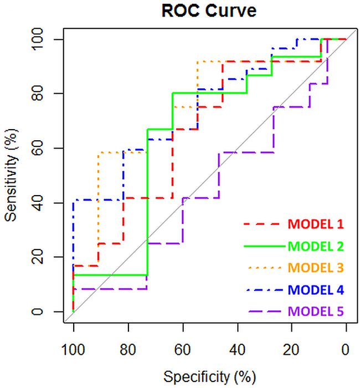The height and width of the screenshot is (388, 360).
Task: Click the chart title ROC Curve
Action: [x=209, y=11]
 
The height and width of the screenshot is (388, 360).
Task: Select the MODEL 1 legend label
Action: [x=316, y=224]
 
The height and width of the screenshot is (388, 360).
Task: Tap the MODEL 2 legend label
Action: [x=316, y=246]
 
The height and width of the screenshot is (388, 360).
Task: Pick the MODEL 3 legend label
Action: [x=316, y=268]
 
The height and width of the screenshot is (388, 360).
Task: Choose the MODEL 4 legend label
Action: [x=316, y=289]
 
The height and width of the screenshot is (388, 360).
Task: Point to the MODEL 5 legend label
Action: [x=316, y=311]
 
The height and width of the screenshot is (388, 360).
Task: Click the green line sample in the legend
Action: [x=265, y=246]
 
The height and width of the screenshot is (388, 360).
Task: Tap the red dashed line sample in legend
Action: [x=262, y=224]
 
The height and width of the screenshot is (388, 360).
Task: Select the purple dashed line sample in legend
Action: [x=265, y=312]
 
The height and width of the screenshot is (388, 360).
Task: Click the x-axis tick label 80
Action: [x=128, y=350]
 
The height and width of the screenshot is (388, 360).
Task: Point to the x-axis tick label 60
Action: [x=182, y=350]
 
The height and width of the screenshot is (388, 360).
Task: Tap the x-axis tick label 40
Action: [x=238, y=350]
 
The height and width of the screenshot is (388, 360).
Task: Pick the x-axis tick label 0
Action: [x=346, y=350]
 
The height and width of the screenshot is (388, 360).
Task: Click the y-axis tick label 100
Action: [x=38, y=39]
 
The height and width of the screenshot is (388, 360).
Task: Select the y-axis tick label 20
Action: [x=38, y=257]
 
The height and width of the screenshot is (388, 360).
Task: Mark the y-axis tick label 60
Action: [x=38, y=148]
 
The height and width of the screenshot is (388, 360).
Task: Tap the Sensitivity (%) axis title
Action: [x=12, y=175]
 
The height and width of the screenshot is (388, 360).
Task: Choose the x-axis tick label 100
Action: [x=73, y=350]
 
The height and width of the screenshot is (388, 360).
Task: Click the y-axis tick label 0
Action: [x=38, y=312]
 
